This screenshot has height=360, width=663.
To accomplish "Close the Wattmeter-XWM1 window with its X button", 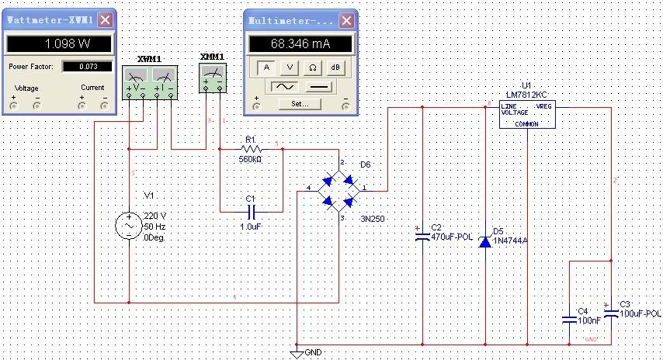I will [x=105, y=19].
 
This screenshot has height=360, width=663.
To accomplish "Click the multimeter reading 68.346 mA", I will [x=300, y=44].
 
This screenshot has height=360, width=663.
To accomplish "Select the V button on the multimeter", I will [x=289, y=67].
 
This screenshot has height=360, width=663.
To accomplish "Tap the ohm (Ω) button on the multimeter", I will [x=312, y=67].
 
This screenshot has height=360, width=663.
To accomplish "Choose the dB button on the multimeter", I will [x=335, y=67].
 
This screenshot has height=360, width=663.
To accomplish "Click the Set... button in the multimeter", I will [x=300, y=103].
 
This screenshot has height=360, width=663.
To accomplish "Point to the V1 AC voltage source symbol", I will [x=129, y=226].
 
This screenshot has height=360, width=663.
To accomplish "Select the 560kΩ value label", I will [x=250, y=159].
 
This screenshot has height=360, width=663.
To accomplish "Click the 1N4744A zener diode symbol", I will [x=485, y=241].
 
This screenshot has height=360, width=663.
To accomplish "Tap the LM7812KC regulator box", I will [x=527, y=113].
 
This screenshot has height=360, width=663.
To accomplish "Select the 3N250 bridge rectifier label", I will [x=372, y=220].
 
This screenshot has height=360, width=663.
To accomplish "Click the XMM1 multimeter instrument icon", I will [x=212, y=76].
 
